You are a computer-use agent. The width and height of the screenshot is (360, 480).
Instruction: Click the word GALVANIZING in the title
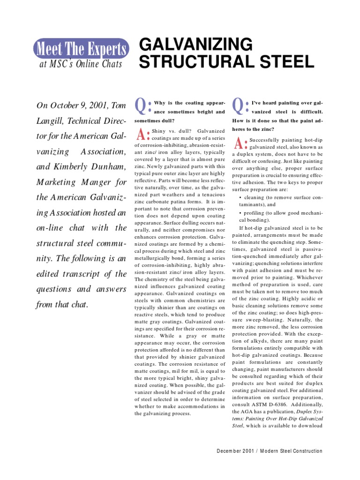point(196,45)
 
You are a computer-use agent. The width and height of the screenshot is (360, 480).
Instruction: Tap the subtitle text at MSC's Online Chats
point(80,64)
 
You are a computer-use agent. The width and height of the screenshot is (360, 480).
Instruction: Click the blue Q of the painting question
point(239,106)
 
